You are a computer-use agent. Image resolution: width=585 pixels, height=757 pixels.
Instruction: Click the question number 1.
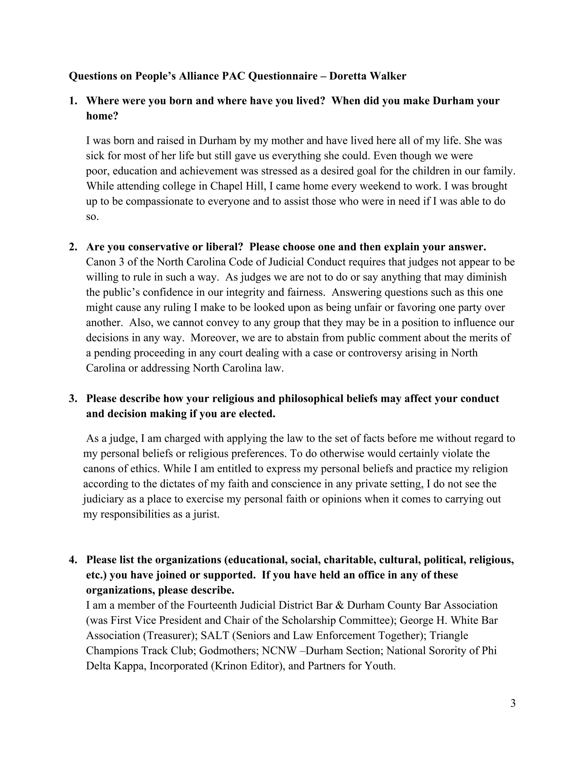click(x=73, y=101)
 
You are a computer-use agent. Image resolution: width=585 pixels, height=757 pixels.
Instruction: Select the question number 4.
click(x=73, y=560)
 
